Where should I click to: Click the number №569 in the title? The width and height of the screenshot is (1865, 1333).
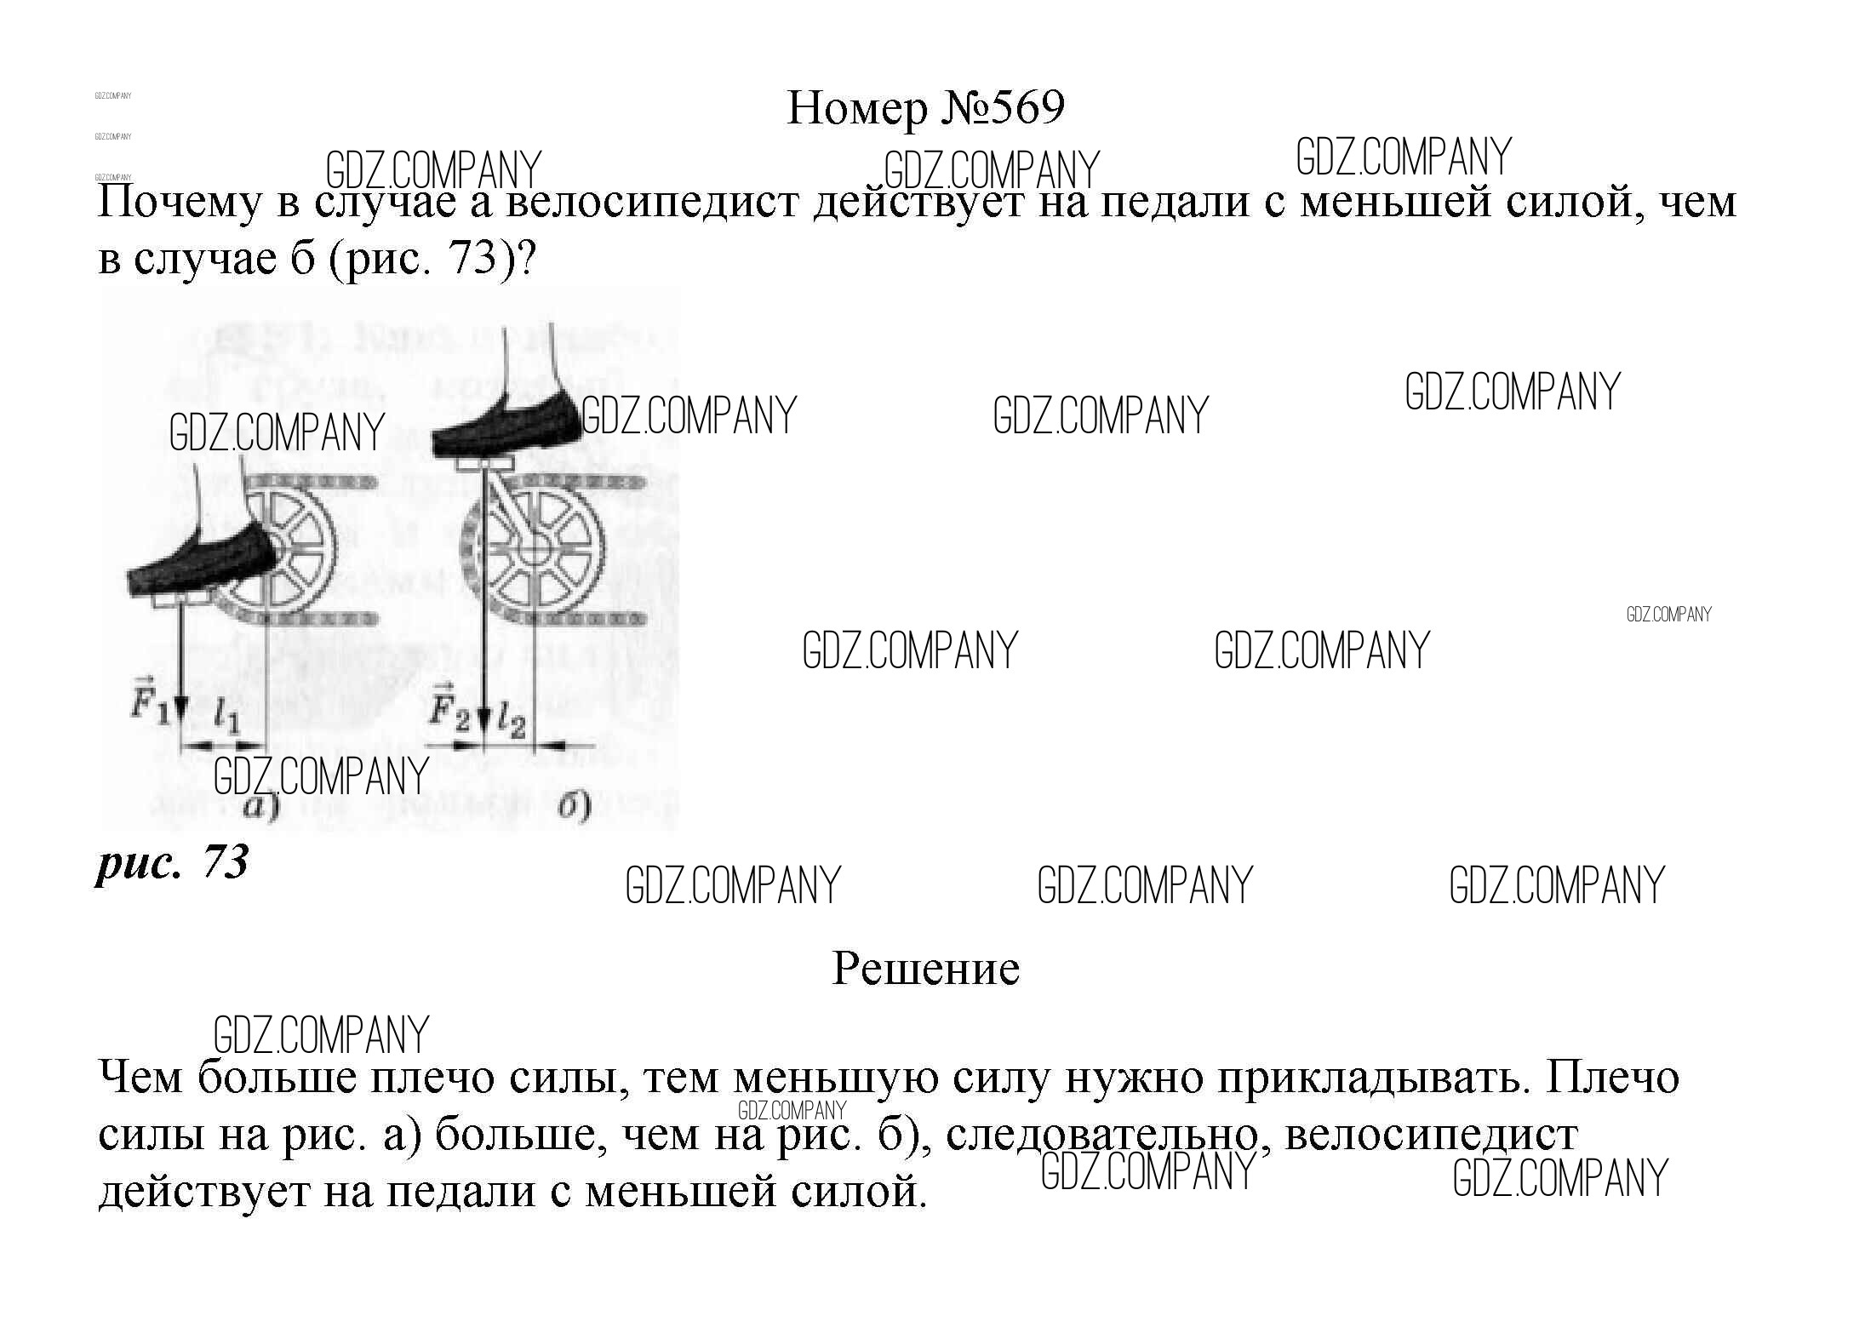point(1004,109)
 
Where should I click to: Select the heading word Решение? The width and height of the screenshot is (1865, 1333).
point(925,969)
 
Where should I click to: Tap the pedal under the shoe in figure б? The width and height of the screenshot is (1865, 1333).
point(483,463)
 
